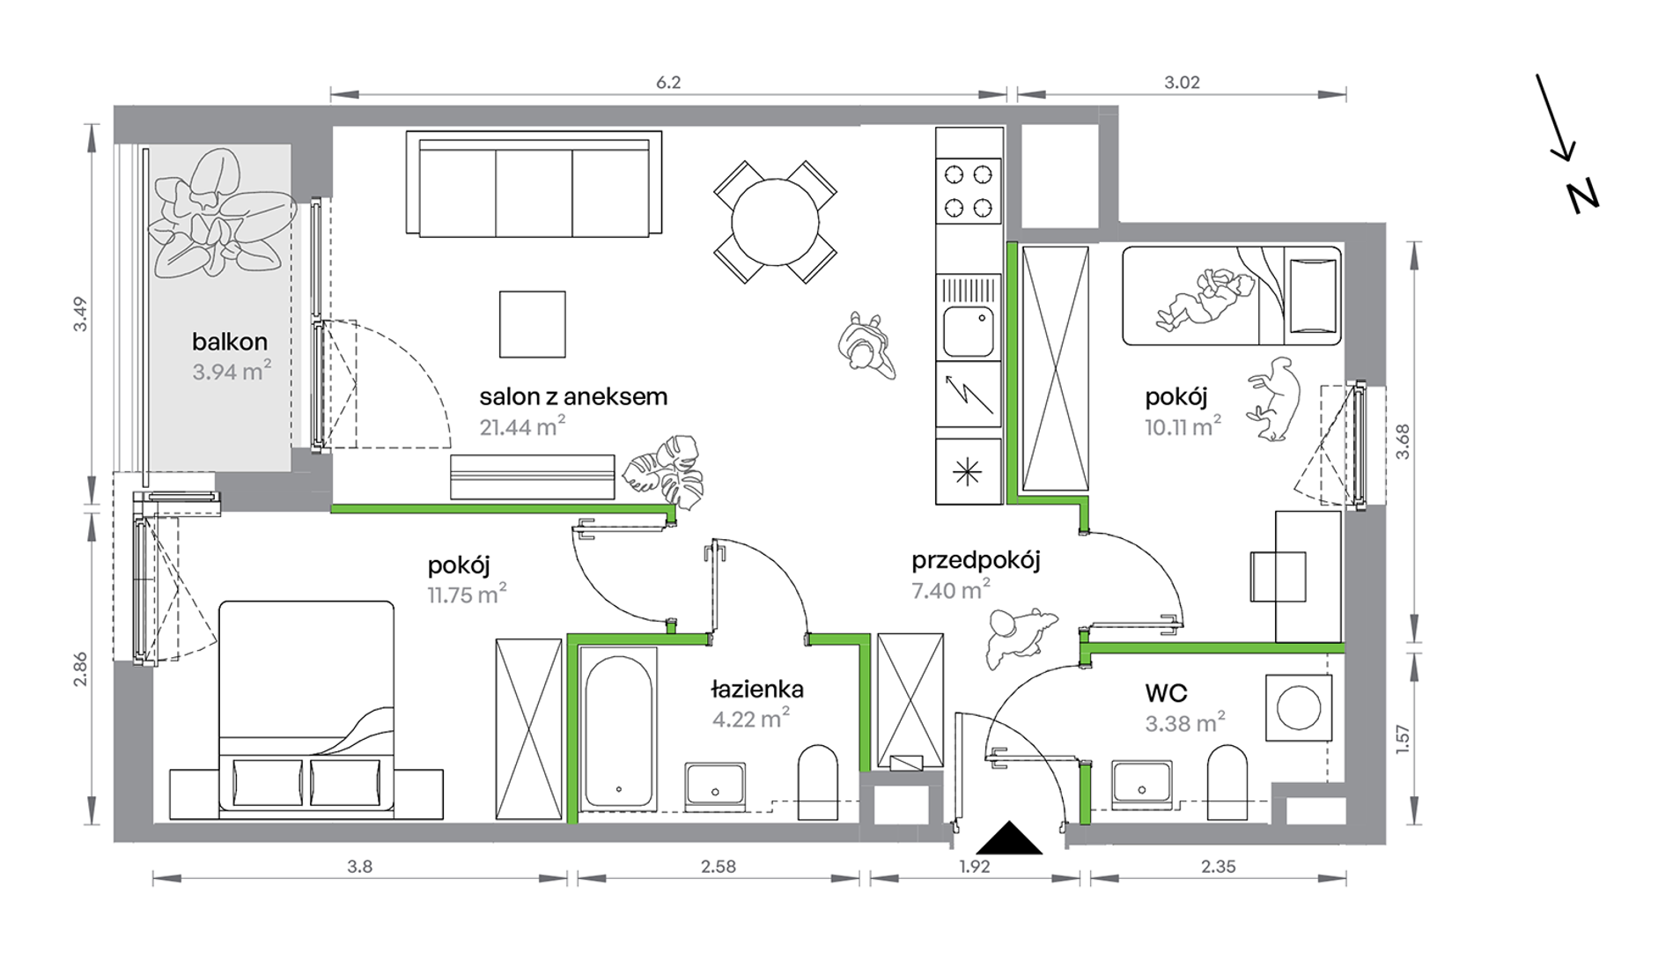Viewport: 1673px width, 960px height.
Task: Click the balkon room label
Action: pyautogui.click(x=230, y=342)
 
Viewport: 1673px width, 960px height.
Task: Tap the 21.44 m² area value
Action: pyautogui.click(x=522, y=426)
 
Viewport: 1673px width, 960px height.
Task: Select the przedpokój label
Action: pyautogui.click(x=976, y=560)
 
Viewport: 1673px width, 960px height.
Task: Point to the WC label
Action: pyautogui.click(x=1166, y=693)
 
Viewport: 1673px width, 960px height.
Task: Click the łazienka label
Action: pyautogui.click(x=757, y=689)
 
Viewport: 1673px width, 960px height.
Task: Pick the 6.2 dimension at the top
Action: pyautogui.click(x=668, y=82)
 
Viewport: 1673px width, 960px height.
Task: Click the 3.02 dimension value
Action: pyautogui.click(x=1182, y=82)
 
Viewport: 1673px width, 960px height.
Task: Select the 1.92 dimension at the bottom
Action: pyautogui.click(x=975, y=867)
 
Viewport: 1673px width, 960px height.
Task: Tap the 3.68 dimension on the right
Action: pyautogui.click(x=1402, y=441)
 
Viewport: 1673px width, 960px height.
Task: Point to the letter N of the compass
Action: pyautogui.click(x=1582, y=196)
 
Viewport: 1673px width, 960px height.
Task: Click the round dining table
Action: pyautogui.click(x=775, y=221)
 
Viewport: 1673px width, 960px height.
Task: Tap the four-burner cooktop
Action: pyautogui.click(x=969, y=189)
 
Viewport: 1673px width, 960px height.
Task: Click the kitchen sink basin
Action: pyautogui.click(x=969, y=331)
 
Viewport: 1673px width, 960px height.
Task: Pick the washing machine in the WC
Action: pyautogui.click(x=1299, y=708)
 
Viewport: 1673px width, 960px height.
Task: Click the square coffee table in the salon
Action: pyautogui.click(x=533, y=324)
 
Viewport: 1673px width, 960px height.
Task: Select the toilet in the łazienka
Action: pyautogui.click(x=818, y=782)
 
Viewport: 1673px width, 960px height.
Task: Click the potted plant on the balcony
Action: pyautogui.click(x=220, y=214)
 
